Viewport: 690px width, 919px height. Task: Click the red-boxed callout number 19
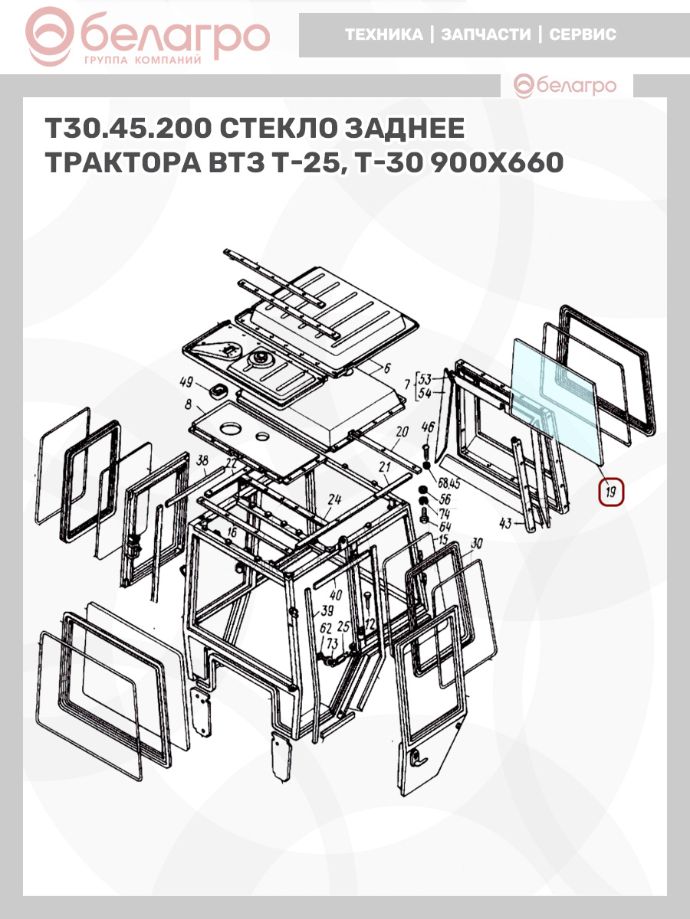coord(611,492)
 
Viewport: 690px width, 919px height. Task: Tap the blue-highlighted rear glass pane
coord(557,401)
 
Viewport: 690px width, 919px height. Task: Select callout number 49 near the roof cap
coord(186,382)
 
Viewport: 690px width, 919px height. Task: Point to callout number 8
coord(189,405)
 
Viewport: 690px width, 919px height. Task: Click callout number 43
coord(506,523)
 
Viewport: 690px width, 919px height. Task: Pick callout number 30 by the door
coord(477,544)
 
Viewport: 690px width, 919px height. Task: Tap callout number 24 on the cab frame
coord(334,499)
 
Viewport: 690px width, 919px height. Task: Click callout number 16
coord(232,532)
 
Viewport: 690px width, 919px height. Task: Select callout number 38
coord(202,460)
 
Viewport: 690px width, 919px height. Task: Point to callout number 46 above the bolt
coord(428,427)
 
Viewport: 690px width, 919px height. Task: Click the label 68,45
coord(449,483)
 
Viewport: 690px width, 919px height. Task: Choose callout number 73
coord(332,643)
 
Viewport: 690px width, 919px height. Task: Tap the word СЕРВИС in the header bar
coord(583,34)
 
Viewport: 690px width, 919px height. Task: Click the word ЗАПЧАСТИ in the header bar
coord(485,34)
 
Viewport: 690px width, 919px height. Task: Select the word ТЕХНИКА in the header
coord(384,34)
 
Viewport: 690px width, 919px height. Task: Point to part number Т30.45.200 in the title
coord(129,128)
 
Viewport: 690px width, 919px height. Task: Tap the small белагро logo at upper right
coord(565,86)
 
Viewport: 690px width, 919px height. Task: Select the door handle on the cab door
coord(418,756)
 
